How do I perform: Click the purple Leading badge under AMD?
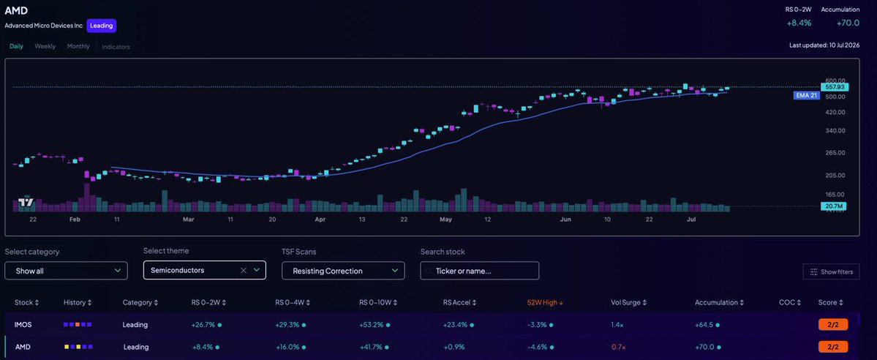(101, 26)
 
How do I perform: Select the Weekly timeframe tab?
(45, 47)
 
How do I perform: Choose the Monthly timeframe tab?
(78, 47)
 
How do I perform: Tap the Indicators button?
(116, 47)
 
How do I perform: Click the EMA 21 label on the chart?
(807, 95)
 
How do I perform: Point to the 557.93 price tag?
(835, 87)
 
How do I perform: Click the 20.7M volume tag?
(833, 206)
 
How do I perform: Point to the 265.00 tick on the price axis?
(835, 153)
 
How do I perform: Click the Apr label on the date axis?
(320, 220)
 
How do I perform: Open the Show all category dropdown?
(66, 271)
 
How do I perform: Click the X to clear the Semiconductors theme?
(244, 271)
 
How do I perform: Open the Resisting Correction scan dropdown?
(343, 271)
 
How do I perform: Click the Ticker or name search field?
(479, 271)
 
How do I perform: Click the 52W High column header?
(545, 302)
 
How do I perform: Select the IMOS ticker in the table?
(23, 324)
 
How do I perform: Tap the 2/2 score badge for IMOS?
(833, 324)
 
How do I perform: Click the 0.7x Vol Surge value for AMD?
(618, 347)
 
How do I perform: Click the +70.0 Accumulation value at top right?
(848, 23)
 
